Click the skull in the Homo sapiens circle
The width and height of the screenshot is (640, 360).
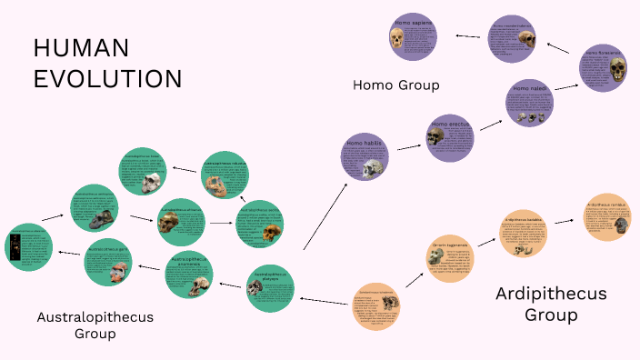click(397, 38)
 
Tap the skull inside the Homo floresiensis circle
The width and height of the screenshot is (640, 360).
click(618, 69)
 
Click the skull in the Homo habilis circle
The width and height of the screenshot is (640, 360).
click(372, 168)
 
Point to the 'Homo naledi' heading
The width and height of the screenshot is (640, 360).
click(529, 89)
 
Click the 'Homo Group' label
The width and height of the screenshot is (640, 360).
click(395, 85)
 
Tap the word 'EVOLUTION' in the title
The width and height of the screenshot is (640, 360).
click(108, 78)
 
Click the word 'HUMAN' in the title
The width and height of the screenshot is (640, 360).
click(81, 48)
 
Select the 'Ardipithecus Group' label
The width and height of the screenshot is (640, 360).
click(550, 304)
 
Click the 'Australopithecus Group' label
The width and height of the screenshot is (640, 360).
click(95, 325)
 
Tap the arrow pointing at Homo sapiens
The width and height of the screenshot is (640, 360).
click(467, 36)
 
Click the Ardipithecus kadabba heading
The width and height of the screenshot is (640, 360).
click(525, 221)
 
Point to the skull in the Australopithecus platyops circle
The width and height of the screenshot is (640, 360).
click(256, 292)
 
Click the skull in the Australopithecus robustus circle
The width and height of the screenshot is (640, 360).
click(215, 188)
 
